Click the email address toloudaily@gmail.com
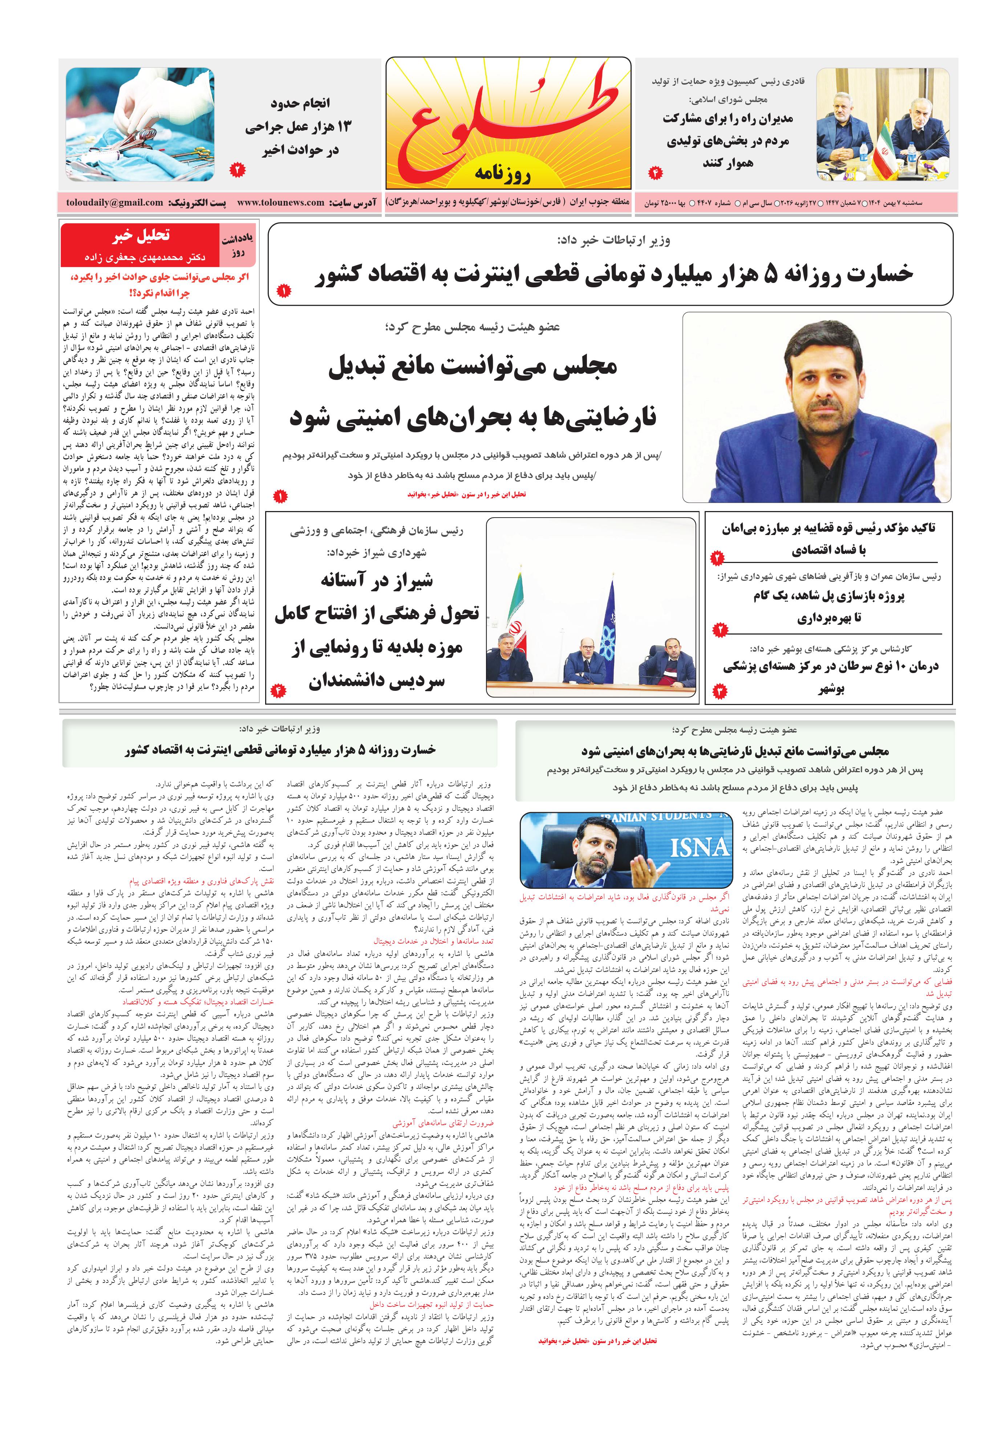tap(115, 202)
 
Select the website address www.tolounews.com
tap(280, 202)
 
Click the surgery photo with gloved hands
tap(140, 125)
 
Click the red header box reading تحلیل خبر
tap(141, 235)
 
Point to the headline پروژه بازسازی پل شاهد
tap(828, 596)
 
